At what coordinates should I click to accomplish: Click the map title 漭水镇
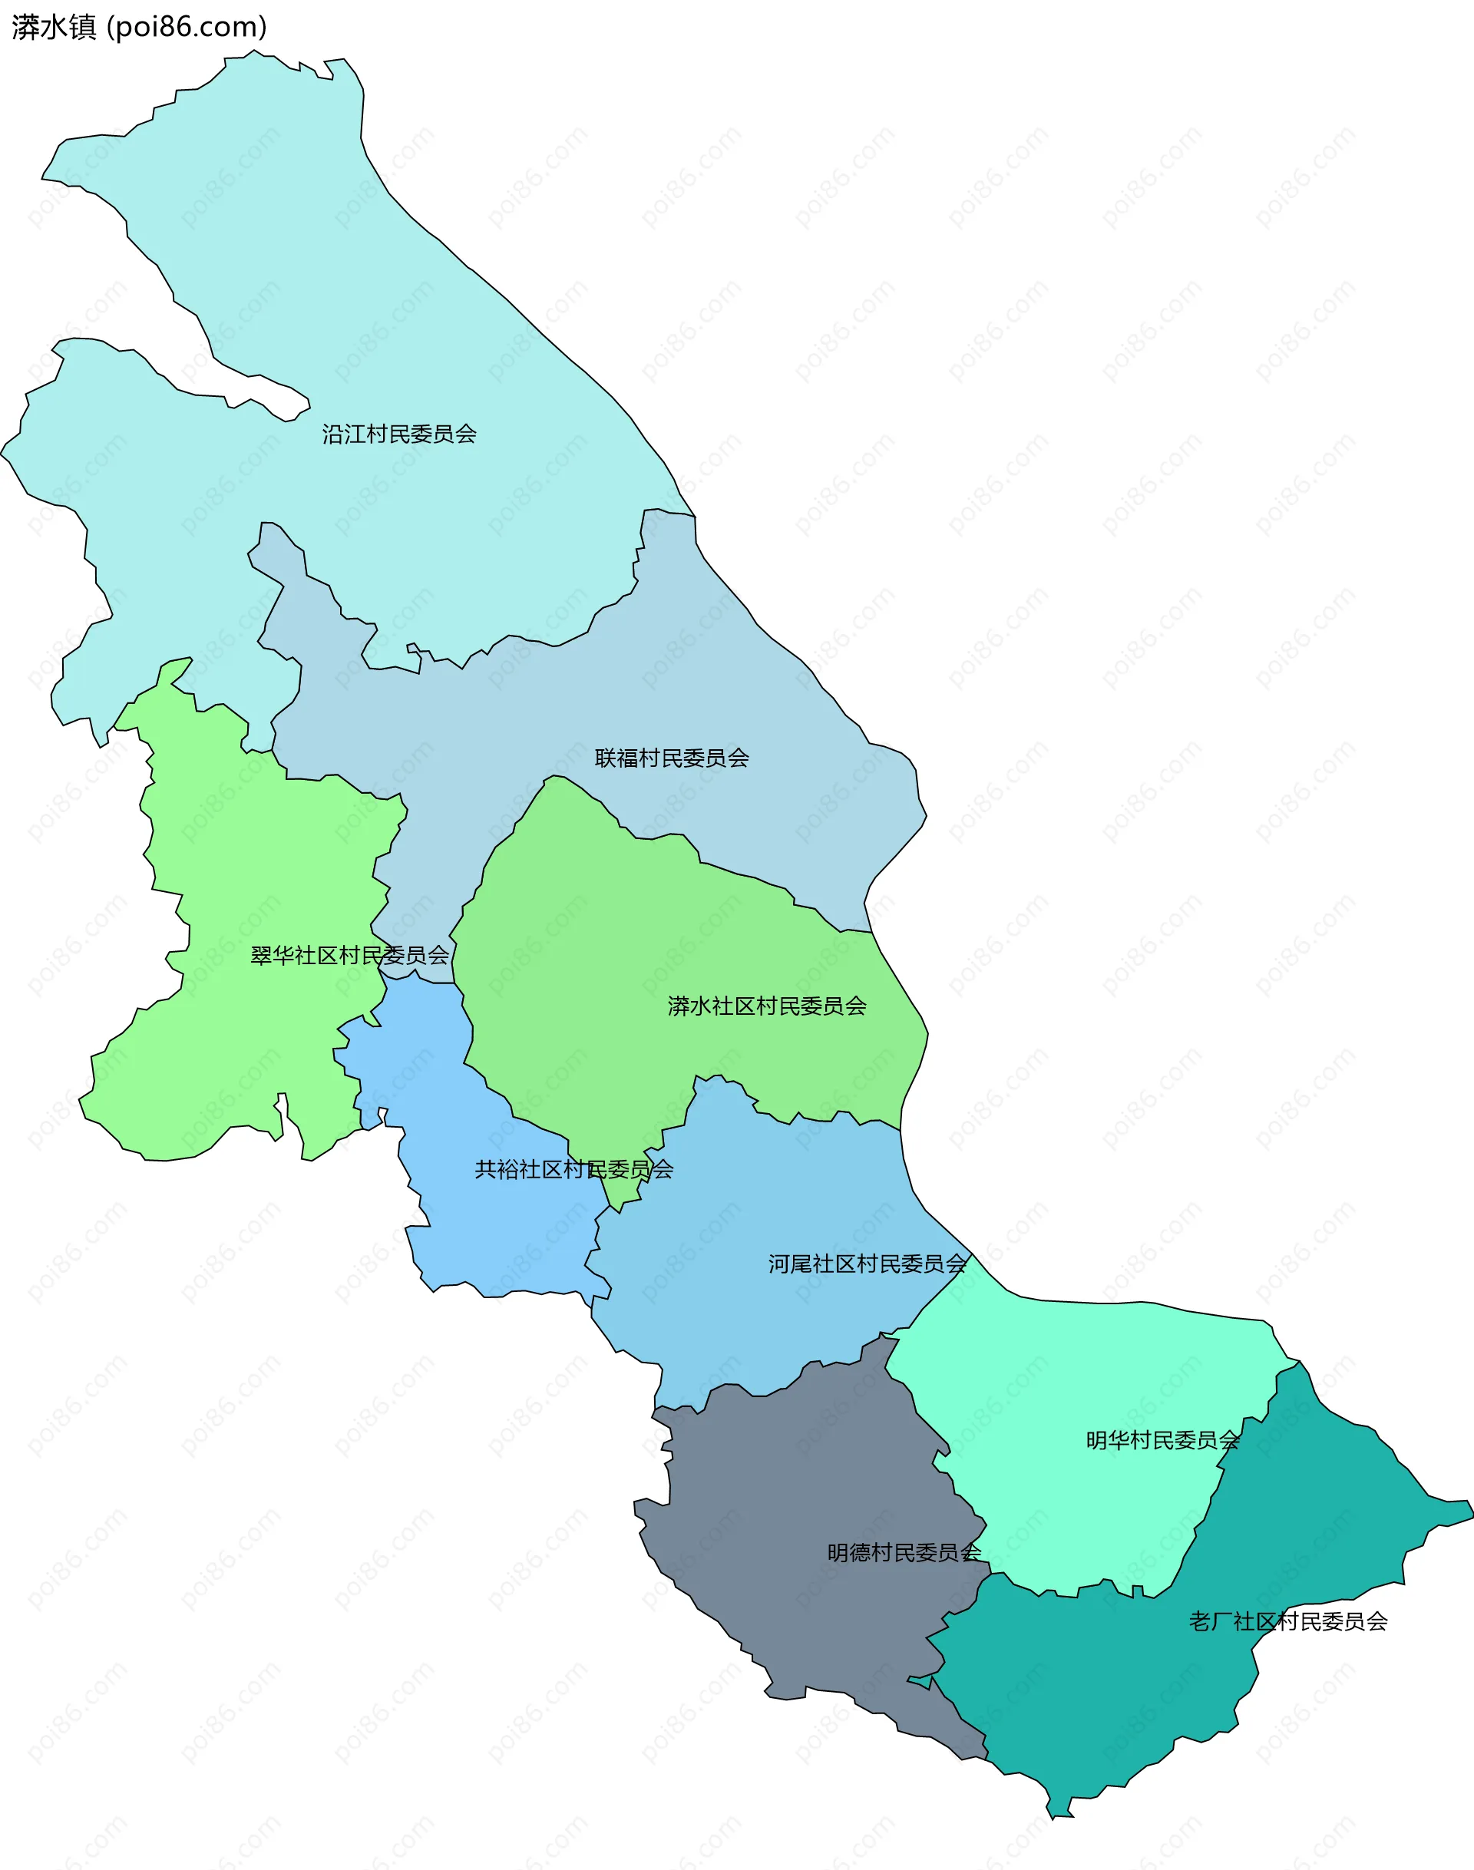(x=54, y=28)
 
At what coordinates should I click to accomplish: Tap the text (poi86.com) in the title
(x=187, y=28)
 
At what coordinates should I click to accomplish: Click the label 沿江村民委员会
(x=399, y=434)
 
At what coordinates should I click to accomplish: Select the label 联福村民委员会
(x=672, y=758)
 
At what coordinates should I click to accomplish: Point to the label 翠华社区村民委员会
(x=349, y=955)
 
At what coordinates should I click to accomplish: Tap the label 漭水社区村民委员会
(x=767, y=1006)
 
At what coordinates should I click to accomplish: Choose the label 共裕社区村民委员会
(x=574, y=1169)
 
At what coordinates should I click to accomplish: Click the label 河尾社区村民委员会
(x=868, y=1264)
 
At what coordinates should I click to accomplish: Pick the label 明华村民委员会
(x=1162, y=1440)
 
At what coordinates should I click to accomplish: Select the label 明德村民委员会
(x=904, y=1552)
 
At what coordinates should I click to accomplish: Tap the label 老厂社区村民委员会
(x=1288, y=1621)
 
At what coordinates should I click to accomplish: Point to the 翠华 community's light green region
(x=259, y=863)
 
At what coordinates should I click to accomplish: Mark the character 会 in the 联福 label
(x=739, y=758)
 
